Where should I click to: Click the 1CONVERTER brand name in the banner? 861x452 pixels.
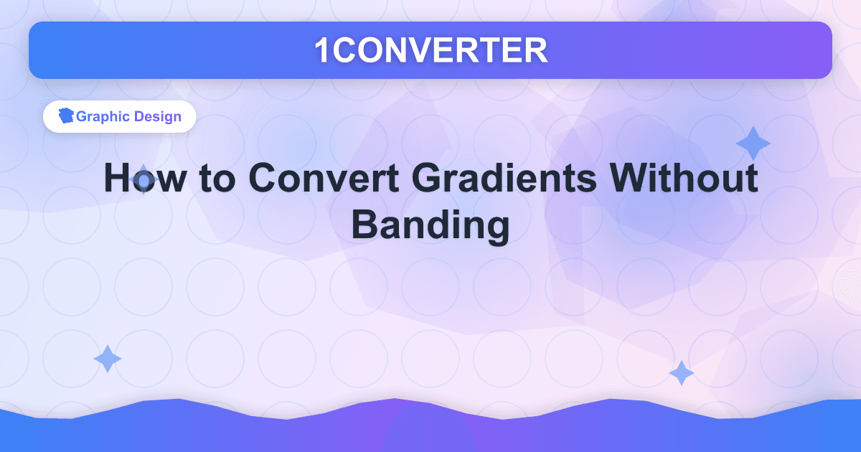point(430,50)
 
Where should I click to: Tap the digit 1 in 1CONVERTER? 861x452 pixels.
point(322,50)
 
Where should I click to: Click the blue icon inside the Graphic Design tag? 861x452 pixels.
point(67,116)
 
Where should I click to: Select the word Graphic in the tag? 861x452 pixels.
point(103,116)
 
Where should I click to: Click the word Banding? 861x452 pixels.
point(430,225)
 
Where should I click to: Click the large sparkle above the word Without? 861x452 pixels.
point(753,143)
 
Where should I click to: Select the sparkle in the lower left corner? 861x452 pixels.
point(108,358)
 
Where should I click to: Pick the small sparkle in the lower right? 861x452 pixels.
point(681,373)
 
